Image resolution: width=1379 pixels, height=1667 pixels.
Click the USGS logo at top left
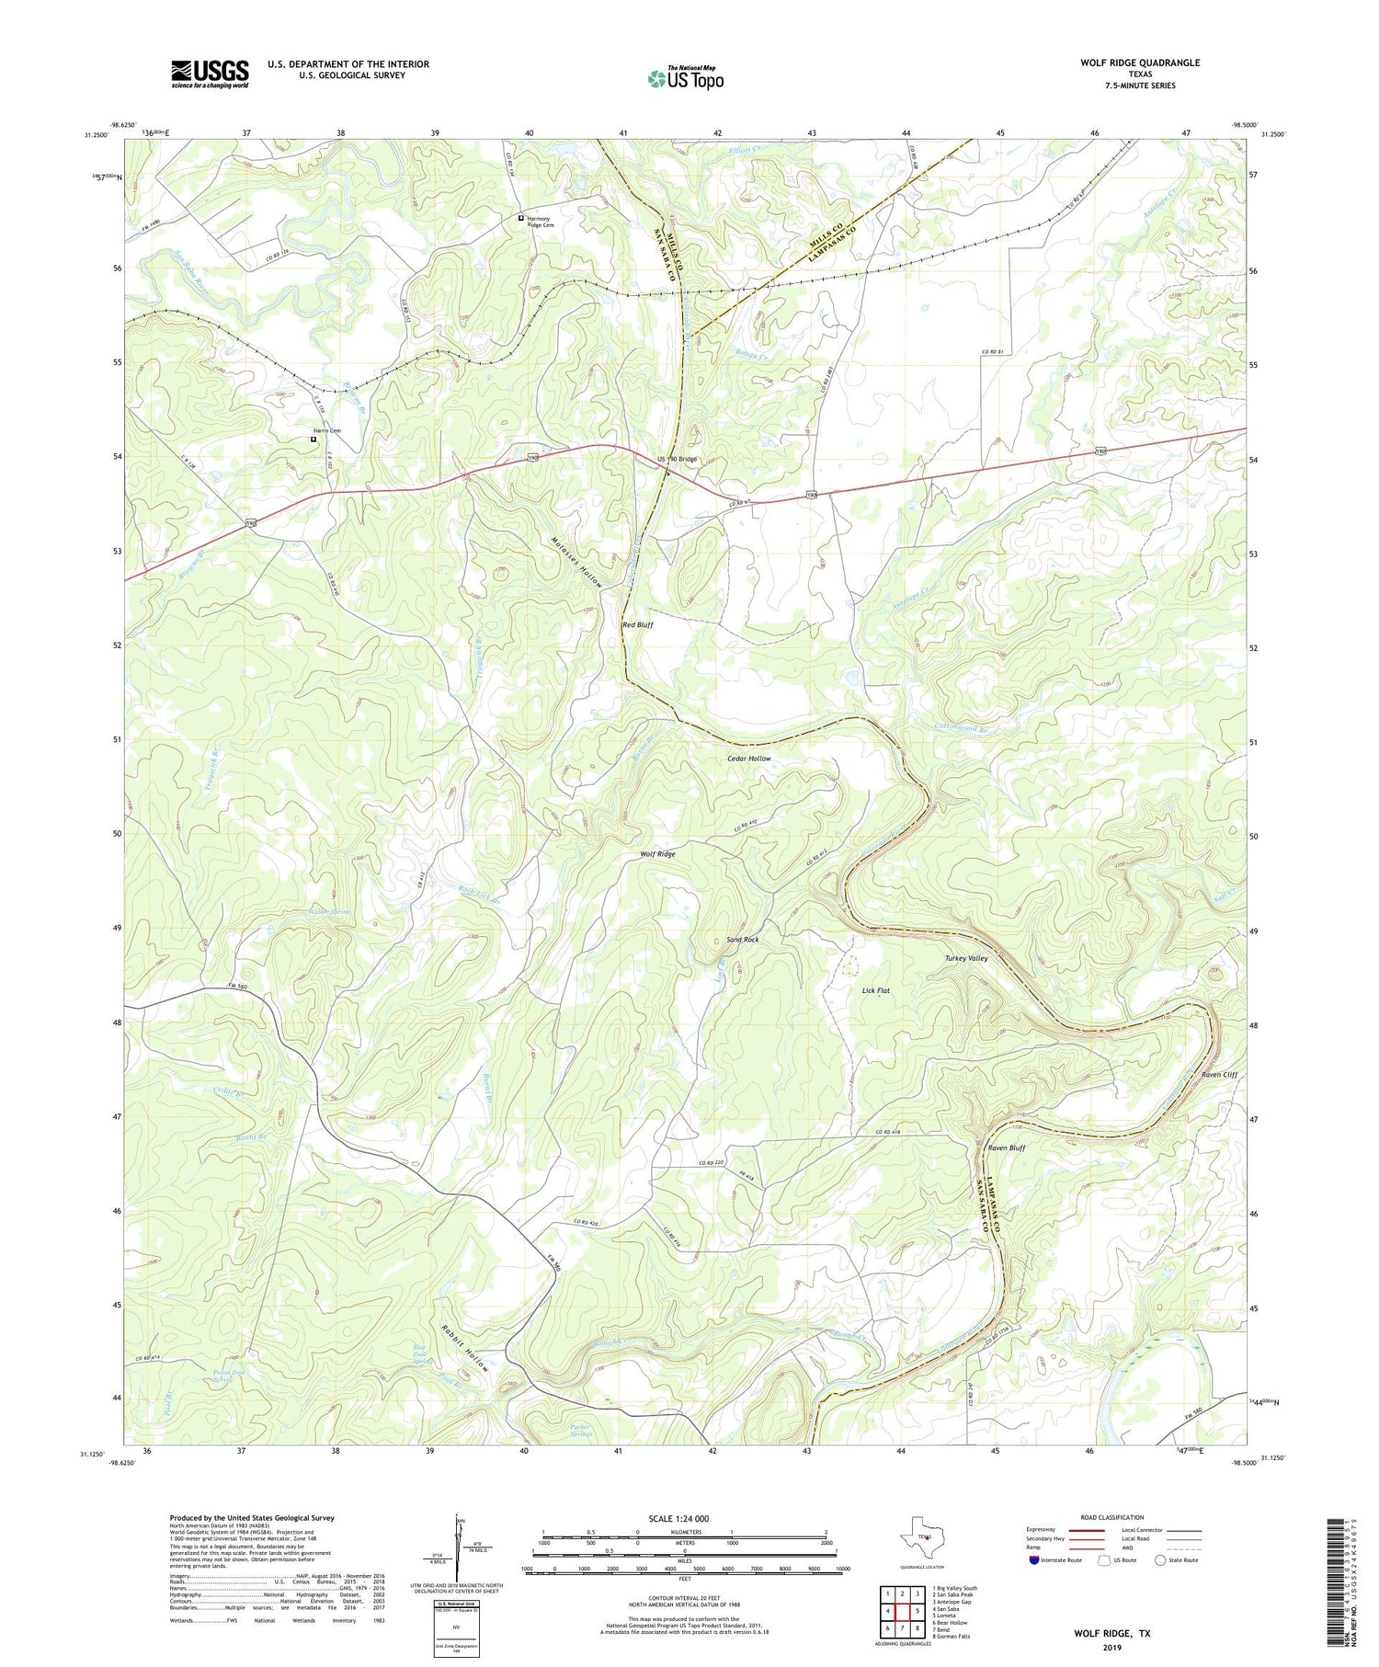point(210,74)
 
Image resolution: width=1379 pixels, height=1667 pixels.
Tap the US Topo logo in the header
point(685,79)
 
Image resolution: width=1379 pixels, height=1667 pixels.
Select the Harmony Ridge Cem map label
point(540,222)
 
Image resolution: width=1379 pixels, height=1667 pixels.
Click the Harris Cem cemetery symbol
point(313,440)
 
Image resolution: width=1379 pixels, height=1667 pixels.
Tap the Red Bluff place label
point(638,624)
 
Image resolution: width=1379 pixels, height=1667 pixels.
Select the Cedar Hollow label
point(748,759)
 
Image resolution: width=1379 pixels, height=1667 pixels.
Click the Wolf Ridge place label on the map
point(657,854)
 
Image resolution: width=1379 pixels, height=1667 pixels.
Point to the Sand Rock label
point(742,940)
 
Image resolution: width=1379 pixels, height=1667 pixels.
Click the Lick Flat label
point(875,990)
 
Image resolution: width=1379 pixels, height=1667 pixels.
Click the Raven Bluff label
point(1006,1147)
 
